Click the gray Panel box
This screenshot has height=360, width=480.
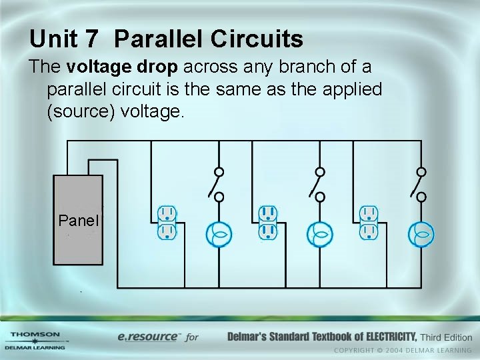click(78, 220)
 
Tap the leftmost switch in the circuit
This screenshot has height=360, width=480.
click(217, 184)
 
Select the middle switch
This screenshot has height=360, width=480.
click(318, 184)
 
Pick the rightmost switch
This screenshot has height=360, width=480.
click(419, 184)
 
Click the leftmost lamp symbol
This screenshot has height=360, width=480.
click(217, 234)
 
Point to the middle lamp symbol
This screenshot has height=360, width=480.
click(319, 234)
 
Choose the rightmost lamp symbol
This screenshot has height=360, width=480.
click(421, 234)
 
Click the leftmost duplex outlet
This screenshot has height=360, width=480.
click(167, 223)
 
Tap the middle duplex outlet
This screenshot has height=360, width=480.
click(268, 223)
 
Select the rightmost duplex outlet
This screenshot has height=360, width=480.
click(369, 223)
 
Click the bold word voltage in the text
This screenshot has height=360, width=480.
click(90, 67)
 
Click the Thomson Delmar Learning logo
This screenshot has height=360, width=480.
click(35, 340)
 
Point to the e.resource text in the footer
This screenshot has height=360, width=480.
click(148, 337)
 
